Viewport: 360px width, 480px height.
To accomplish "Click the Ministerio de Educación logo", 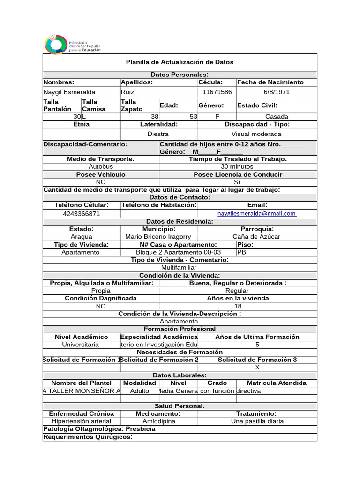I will coord(72,45).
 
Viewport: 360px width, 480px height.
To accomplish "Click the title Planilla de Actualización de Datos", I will coord(180,62).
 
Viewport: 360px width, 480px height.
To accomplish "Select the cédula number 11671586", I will coord(217,92).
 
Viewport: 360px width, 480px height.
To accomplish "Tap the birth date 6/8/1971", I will coord(277,92).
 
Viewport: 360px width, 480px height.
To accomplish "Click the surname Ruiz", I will coord(127,92).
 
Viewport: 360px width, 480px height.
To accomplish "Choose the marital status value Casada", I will coord(277,117).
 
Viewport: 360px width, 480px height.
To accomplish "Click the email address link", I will coord(257,214).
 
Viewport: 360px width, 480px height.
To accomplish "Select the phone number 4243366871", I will coord(81,214).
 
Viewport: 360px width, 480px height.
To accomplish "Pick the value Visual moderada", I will coord(257,134).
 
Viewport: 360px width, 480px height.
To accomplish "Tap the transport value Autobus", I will coord(101,166).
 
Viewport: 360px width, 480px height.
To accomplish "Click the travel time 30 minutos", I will coord(238,166).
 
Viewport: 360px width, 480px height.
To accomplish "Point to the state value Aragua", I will coord(81,237).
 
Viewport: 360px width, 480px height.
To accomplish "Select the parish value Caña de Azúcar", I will coord(256,237).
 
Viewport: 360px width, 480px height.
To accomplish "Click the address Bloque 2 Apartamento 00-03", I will coord(178,252).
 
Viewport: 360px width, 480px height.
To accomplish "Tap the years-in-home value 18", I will coord(238,306).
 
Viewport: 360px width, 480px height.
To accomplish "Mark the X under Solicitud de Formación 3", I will coord(257,367).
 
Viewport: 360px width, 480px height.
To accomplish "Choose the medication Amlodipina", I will coord(158,421).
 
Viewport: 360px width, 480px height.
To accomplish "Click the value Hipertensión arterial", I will coord(81,421).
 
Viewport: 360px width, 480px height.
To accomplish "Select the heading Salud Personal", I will coord(180,406).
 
